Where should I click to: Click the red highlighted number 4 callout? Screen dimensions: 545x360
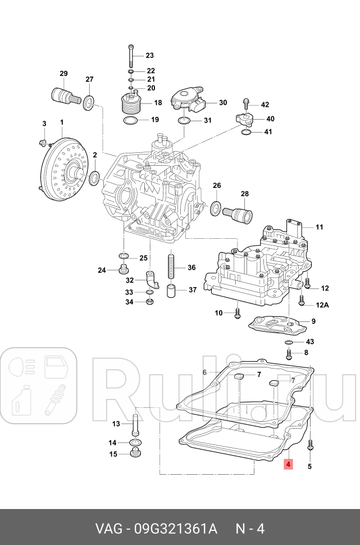[288, 465]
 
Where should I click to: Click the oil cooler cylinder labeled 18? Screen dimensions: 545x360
[133, 105]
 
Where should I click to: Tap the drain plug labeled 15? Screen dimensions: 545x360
[135, 453]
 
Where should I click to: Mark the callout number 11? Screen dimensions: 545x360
[319, 228]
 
